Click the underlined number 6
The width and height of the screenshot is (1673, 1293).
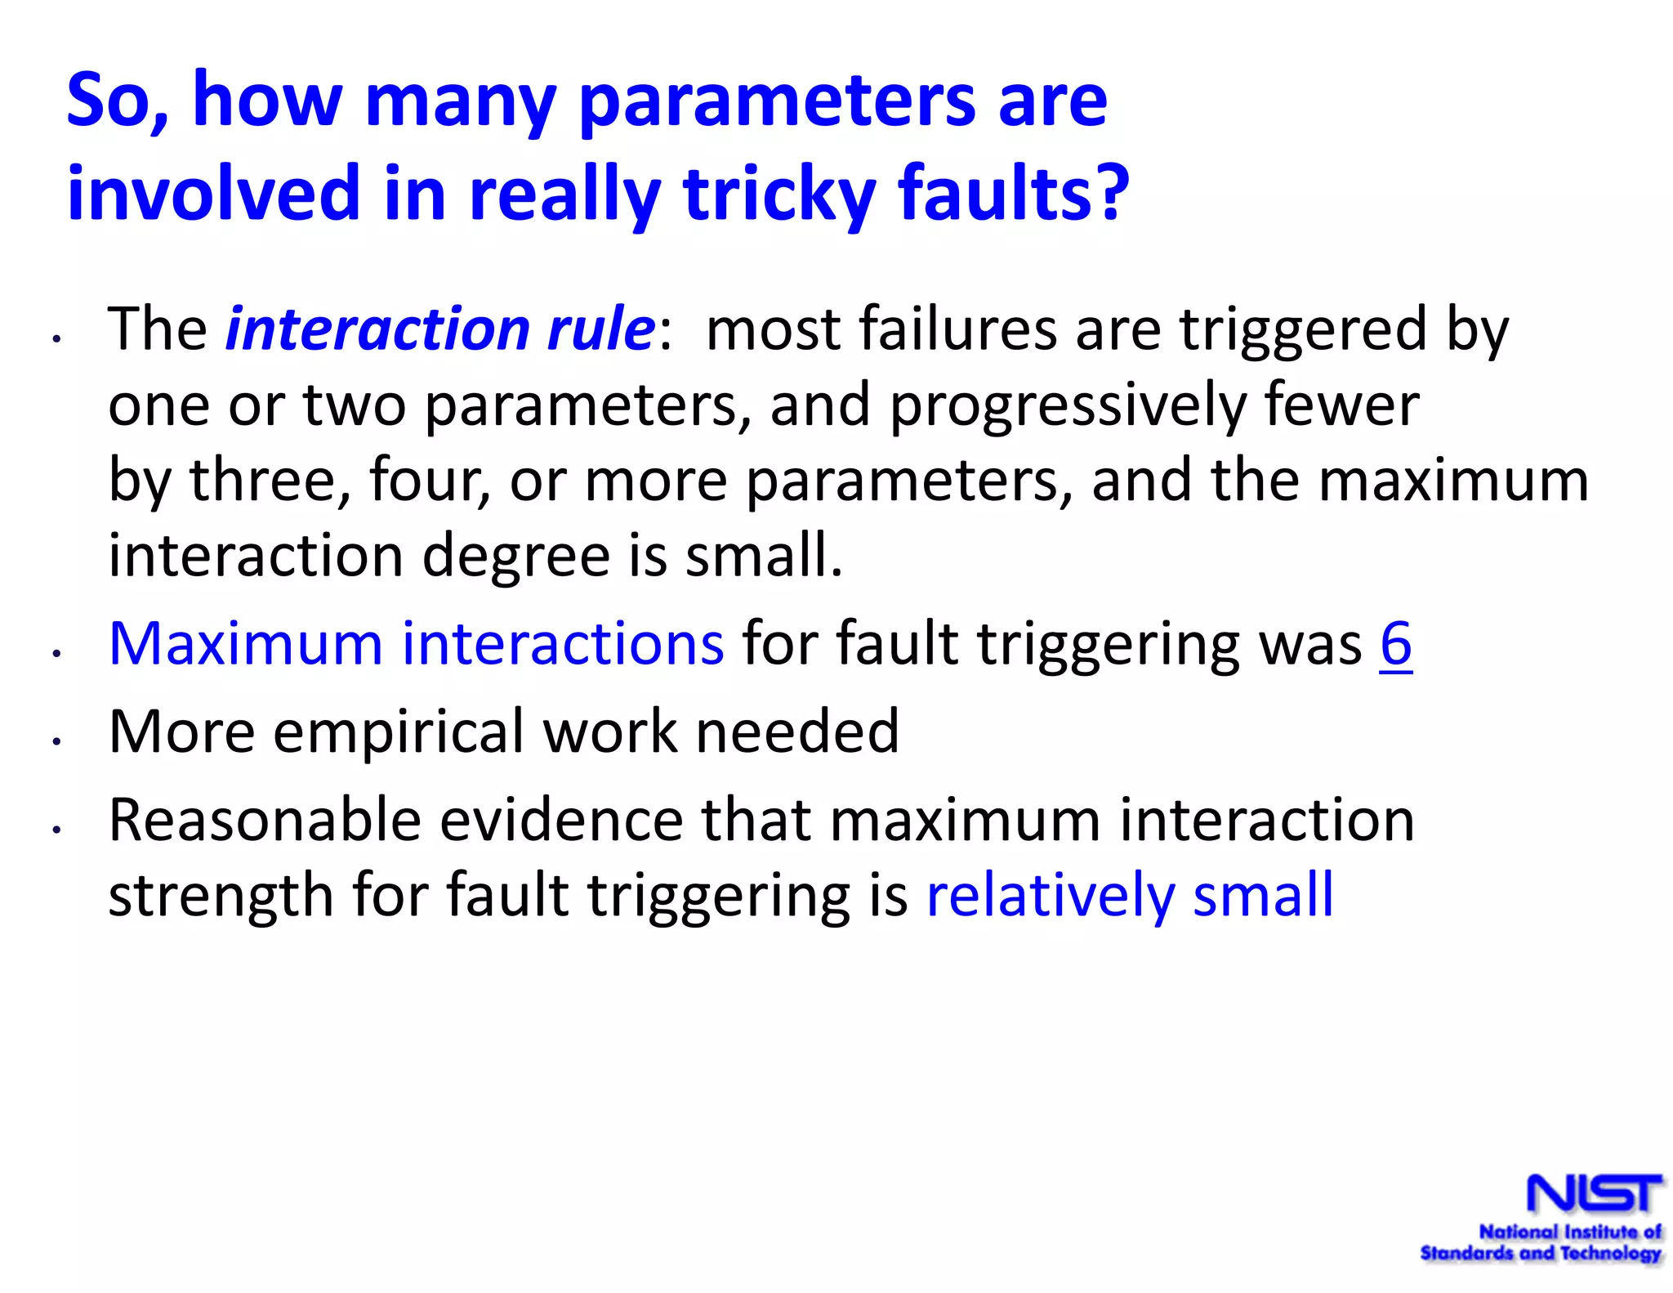point(1395,644)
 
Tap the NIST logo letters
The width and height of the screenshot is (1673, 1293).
point(1594,1194)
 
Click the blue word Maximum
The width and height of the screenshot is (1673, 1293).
point(245,644)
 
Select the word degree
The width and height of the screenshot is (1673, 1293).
point(516,556)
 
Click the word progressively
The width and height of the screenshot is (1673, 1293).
point(1067,405)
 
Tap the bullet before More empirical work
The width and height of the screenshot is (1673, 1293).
point(56,741)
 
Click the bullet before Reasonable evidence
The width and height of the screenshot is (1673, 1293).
point(56,830)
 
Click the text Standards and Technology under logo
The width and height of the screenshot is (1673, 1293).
point(1540,1253)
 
